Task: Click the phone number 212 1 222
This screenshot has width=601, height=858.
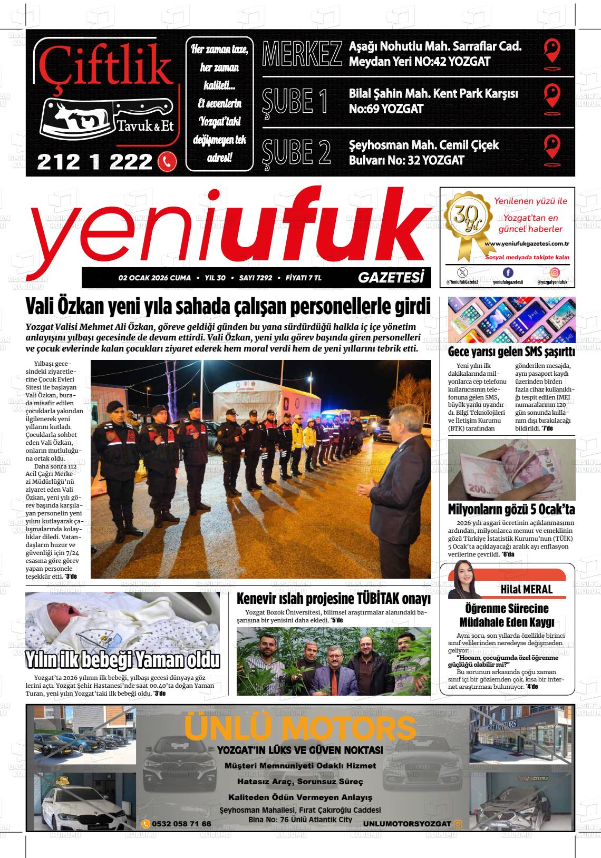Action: pyautogui.click(x=95, y=162)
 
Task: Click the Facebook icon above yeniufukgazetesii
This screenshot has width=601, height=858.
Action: pyautogui.click(x=508, y=272)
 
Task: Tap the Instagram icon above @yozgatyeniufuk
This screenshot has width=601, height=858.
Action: pyautogui.click(x=555, y=272)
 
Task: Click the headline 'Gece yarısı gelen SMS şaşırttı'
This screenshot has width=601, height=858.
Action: pyautogui.click(x=511, y=352)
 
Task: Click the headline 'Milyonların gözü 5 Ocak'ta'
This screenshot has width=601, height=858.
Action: pyautogui.click(x=511, y=510)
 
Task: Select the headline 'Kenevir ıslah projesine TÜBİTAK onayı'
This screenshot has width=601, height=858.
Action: pyautogui.click(x=333, y=599)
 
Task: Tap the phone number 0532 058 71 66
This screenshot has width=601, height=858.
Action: pyautogui.click(x=181, y=824)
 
